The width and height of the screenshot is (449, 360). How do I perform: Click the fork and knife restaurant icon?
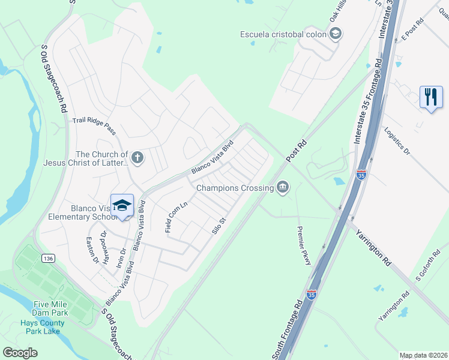pyautogui.click(x=430, y=97)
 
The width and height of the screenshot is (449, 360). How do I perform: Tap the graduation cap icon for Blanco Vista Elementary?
pyautogui.click(x=122, y=206)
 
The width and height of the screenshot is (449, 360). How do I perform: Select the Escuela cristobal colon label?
pyautogui.click(x=283, y=34)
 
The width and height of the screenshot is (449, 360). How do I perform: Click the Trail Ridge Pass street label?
pyautogui.click(x=94, y=125)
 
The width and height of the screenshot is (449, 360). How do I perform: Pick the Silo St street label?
pyautogui.click(x=217, y=226)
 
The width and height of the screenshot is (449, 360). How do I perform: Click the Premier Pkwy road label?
pyautogui.click(x=304, y=248)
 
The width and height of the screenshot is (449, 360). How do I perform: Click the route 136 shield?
pyautogui.click(x=48, y=258)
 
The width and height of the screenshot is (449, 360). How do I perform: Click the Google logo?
pyautogui.click(x=20, y=352)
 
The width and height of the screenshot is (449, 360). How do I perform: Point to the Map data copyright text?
pyautogui.click(x=423, y=355)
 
